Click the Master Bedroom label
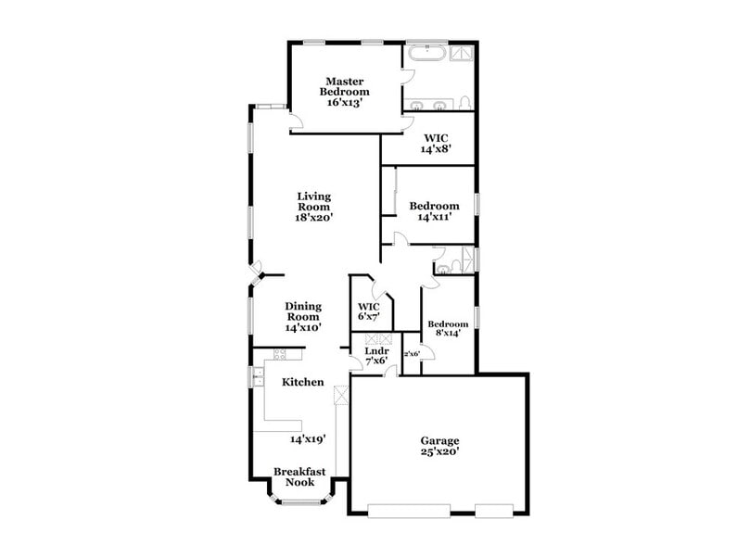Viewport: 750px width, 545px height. (344, 85)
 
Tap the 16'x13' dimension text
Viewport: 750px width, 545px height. (344, 103)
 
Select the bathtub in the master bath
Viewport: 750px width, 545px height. (425, 54)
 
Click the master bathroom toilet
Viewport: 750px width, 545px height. (465, 100)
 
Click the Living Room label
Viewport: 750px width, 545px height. (313, 201)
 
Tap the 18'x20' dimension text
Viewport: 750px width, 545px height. (313, 217)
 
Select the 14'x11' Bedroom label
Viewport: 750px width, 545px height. (434, 206)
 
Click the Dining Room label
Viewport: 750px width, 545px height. (302, 311)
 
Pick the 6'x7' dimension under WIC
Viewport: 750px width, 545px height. (369, 317)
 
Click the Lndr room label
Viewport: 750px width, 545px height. (375, 351)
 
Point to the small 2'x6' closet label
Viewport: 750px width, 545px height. (412, 354)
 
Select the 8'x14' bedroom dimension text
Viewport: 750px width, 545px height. (447, 332)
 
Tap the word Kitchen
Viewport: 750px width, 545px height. (302, 382)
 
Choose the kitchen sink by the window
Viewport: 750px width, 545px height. (261, 377)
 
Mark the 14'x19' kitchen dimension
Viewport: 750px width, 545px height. (308, 438)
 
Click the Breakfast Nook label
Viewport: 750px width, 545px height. (299, 476)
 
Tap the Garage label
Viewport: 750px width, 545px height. (439, 440)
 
